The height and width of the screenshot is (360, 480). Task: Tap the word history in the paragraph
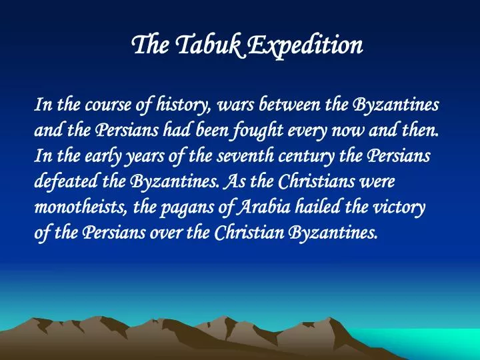point(183,105)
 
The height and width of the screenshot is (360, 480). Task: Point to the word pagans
point(186,207)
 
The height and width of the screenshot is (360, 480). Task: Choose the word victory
point(401,207)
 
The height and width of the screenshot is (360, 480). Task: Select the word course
point(109,105)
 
